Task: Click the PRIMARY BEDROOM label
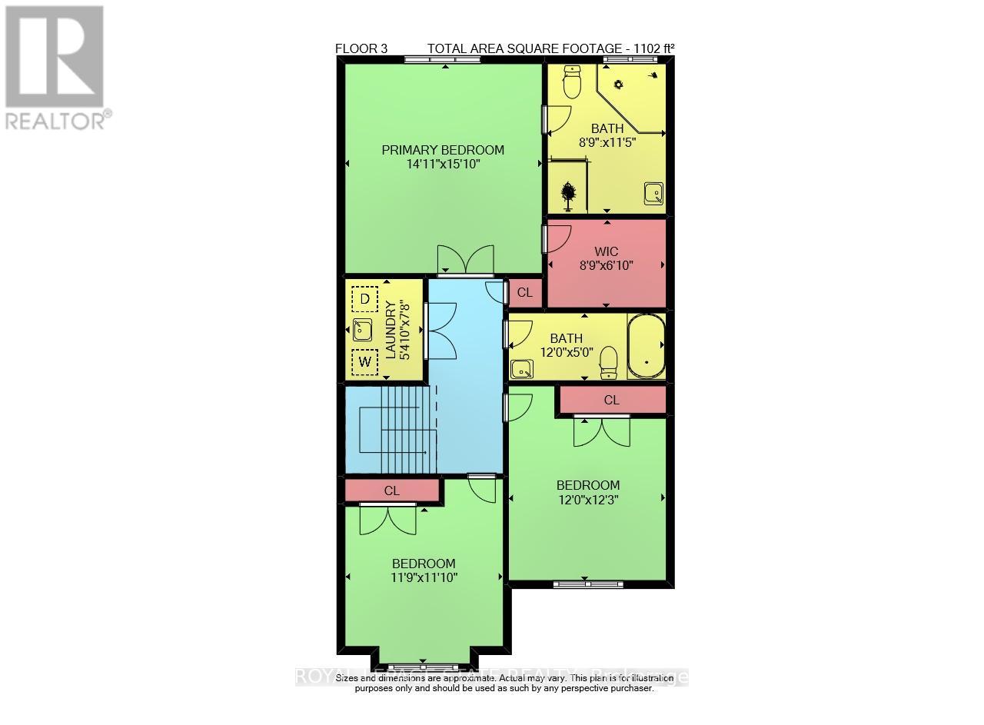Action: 443,150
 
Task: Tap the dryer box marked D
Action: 364,298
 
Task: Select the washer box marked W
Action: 364,361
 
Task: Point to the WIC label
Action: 606,251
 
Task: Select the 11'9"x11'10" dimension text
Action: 425,577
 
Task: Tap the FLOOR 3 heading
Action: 361,48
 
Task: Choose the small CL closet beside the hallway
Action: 525,292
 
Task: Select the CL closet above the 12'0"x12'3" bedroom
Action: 612,400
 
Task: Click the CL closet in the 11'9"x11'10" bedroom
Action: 392,491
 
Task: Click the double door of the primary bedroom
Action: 465,261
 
